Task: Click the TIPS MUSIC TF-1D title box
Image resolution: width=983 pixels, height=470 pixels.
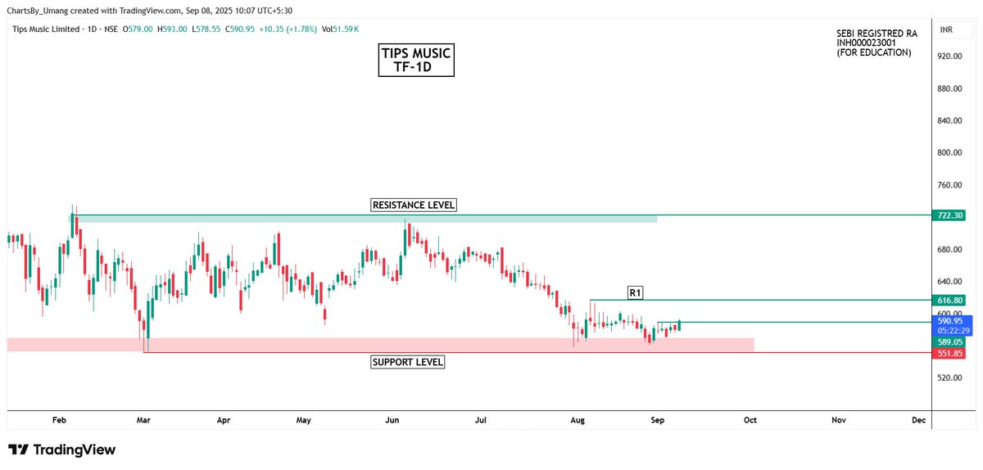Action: point(416,61)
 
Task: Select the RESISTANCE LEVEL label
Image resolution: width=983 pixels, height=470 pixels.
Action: point(413,205)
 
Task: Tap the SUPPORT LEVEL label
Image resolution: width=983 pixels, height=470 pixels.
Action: point(408,362)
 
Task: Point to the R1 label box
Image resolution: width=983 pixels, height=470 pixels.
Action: point(635,292)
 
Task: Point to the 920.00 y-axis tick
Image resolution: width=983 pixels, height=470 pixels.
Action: point(949,56)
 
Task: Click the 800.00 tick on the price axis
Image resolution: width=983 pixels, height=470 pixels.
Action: point(949,153)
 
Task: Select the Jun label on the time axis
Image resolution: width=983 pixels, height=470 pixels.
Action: point(392,420)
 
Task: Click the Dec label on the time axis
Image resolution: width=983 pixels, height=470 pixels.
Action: point(918,420)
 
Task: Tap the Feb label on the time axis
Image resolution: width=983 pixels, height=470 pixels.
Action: point(59,420)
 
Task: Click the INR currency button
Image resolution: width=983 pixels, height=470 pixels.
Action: point(946,30)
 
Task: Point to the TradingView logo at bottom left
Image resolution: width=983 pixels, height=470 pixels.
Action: point(61,450)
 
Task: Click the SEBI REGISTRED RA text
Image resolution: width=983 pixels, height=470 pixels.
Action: point(877,34)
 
